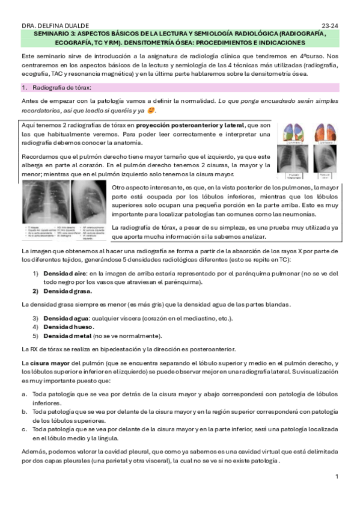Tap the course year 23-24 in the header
click(x=330, y=26)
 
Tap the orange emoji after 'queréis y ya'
click(x=151, y=111)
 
